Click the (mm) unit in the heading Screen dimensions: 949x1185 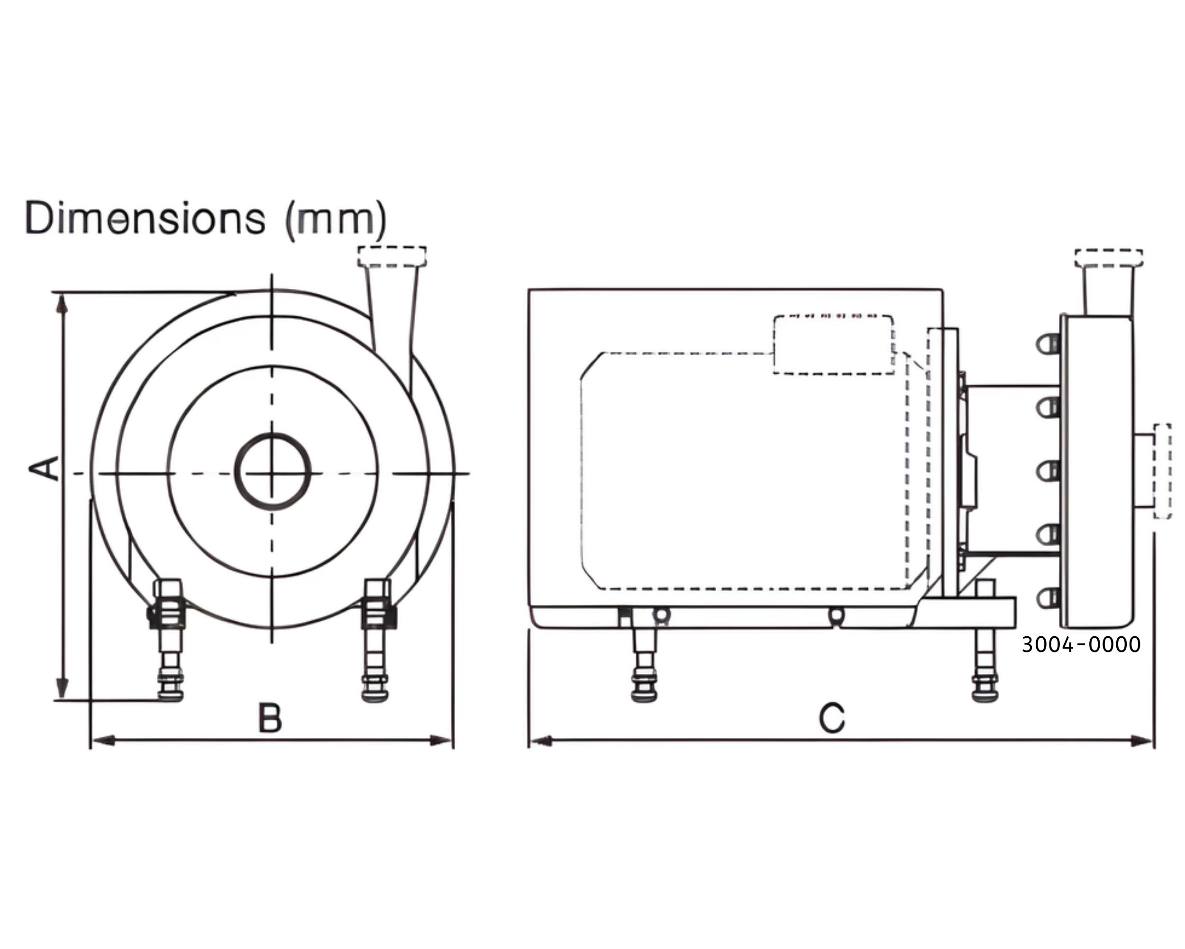[336, 220]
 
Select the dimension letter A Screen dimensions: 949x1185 [44, 468]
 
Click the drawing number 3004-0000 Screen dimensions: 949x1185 [1081, 644]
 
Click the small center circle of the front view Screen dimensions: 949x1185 [273, 472]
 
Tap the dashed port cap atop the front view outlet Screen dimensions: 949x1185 [392, 256]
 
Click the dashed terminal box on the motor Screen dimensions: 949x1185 [833, 345]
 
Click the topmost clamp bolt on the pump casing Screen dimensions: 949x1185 [1048, 345]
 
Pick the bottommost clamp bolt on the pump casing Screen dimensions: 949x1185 [1048, 597]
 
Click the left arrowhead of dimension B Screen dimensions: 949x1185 [102, 741]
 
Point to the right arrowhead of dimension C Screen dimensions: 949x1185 [1142, 741]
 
